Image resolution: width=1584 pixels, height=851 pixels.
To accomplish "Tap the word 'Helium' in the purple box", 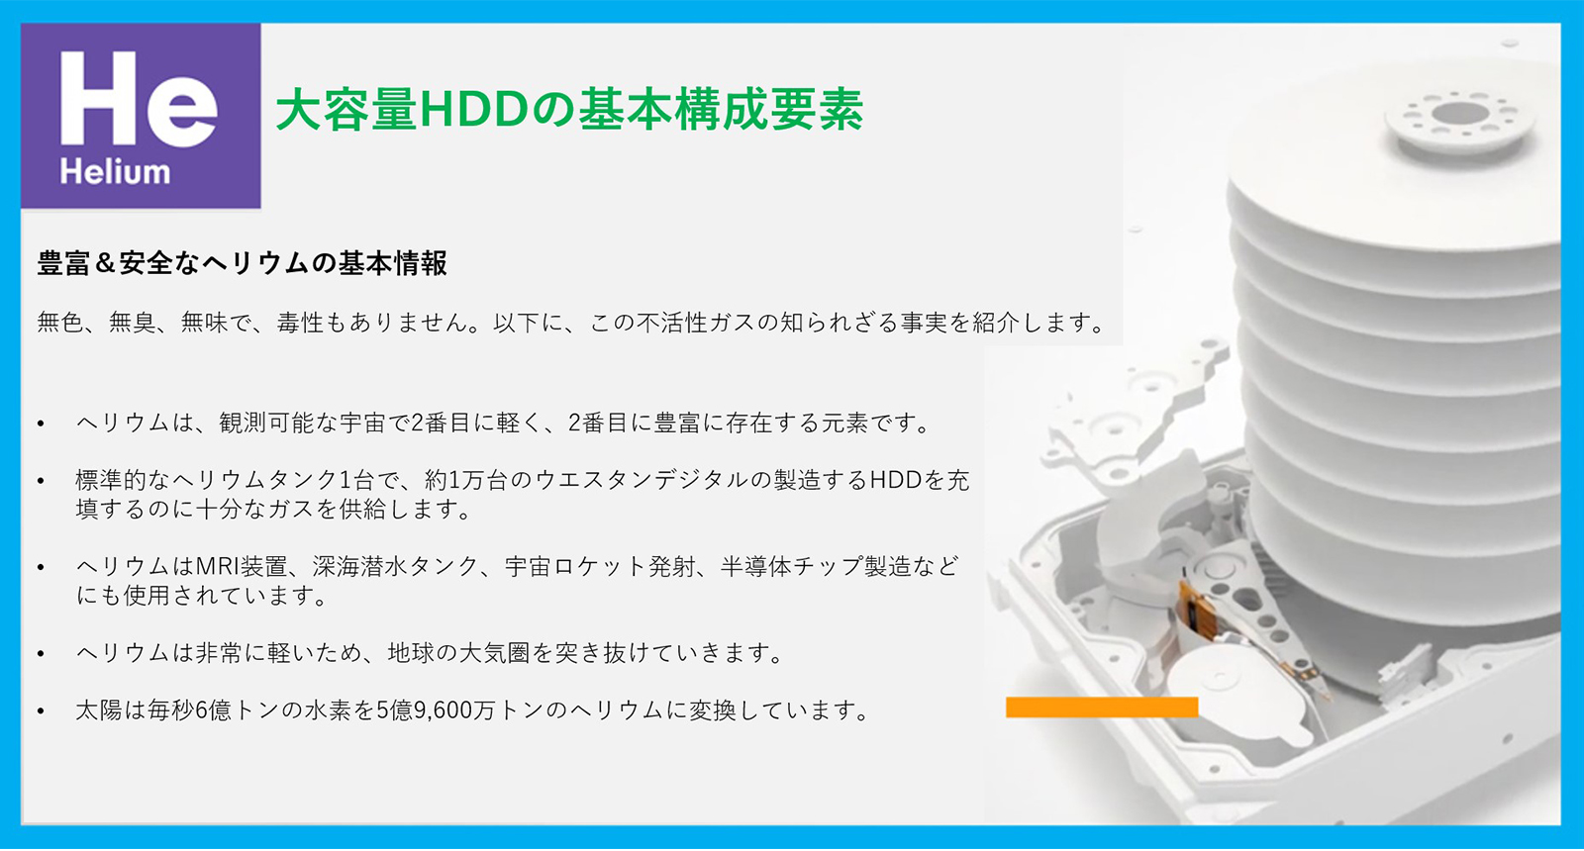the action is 115,172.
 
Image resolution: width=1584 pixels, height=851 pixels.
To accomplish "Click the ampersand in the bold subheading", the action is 104,263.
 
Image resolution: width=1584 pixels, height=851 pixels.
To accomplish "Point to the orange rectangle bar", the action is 1102,707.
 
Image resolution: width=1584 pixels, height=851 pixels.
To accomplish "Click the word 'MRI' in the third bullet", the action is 217,566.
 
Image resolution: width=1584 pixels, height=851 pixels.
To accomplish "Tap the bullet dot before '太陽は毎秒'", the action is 41,711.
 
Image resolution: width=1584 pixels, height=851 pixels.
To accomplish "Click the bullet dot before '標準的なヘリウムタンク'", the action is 41,481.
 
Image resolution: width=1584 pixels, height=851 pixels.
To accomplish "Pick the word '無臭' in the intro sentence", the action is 133,323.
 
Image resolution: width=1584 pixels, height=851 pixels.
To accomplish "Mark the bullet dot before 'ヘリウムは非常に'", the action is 41,654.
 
